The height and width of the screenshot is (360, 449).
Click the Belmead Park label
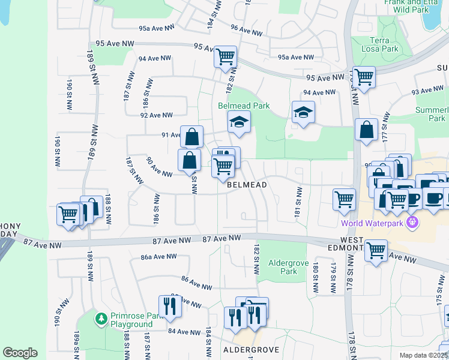(x=243, y=106)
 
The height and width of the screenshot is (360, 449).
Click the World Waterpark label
(x=372, y=224)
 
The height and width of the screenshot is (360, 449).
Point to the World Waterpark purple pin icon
(x=412, y=223)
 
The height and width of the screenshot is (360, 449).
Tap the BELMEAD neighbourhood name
(x=247, y=185)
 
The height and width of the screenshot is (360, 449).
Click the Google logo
(x=20, y=353)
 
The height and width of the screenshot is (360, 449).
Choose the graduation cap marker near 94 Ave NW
(x=303, y=112)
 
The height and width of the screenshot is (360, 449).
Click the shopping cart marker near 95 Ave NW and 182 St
(x=225, y=58)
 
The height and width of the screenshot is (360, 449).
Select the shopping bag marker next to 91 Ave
(x=191, y=137)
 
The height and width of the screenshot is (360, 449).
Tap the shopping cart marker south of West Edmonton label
(x=376, y=250)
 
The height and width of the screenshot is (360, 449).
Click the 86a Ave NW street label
(x=158, y=256)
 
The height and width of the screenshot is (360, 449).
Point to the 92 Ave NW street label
(x=156, y=115)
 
